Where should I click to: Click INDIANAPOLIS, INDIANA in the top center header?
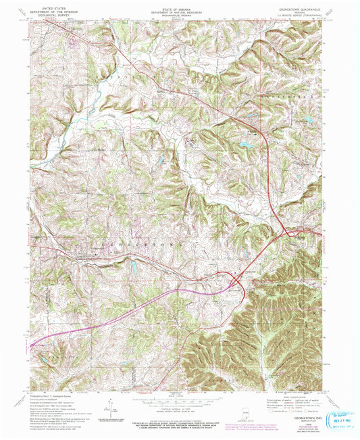coord(179,16)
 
